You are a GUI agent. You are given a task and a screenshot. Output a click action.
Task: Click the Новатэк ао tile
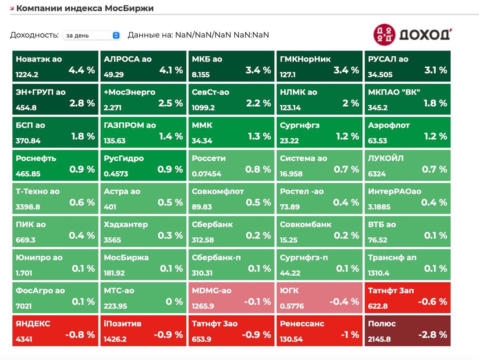click(x=55, y=66)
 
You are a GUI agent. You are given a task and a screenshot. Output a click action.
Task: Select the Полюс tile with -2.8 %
click(x=407, y=331)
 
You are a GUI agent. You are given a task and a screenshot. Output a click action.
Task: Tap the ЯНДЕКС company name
click(x=33, y=324)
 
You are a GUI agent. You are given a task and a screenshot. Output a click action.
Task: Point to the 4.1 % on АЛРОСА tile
click(x=171, y=70)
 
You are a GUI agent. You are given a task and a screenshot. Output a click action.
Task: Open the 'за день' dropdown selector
click(x=91, y=35)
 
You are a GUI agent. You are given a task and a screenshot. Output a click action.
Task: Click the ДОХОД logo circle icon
click(x=384, y=34)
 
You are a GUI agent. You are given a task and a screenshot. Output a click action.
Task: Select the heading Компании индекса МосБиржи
click(x=85, y=8)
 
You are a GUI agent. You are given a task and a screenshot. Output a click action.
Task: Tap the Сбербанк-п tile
click(x=231, y=265)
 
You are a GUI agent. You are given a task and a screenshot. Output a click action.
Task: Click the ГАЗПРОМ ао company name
click(x=130, y=125)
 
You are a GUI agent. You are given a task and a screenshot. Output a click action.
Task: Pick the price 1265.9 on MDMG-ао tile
click(x=203, y=306)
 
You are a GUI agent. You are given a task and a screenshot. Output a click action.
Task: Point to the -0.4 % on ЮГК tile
click(x=344, y=302)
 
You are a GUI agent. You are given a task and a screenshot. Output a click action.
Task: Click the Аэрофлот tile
click(x=407, y=132)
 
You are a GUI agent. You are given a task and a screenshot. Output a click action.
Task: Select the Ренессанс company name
click(x=302, y=324)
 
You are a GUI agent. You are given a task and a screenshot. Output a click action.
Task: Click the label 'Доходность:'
click(x=34, y=35)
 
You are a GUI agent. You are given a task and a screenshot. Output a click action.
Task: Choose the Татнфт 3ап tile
click(x=407, y=298)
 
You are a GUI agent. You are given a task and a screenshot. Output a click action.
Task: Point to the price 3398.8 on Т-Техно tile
click(x=28, y=207)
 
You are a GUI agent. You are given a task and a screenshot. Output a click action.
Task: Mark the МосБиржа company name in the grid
click(x=126, y=258)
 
